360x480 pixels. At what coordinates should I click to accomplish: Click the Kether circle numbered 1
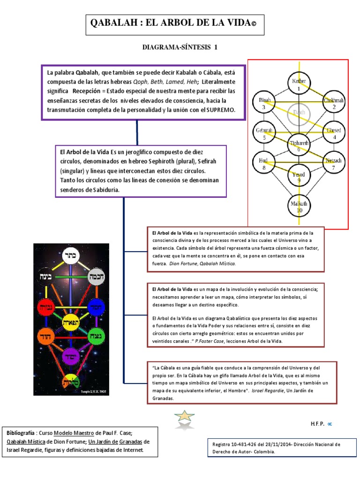(x=299, y=84)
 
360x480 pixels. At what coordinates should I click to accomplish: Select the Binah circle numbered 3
(x=264, y=103)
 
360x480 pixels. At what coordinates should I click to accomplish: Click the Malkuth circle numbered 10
(x=299, y=206)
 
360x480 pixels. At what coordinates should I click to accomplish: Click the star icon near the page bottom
(x=184, y=418)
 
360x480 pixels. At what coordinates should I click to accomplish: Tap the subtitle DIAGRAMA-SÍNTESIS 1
(x=180, y=47)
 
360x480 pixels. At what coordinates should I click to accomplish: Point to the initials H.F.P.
(x=317, y=423)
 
